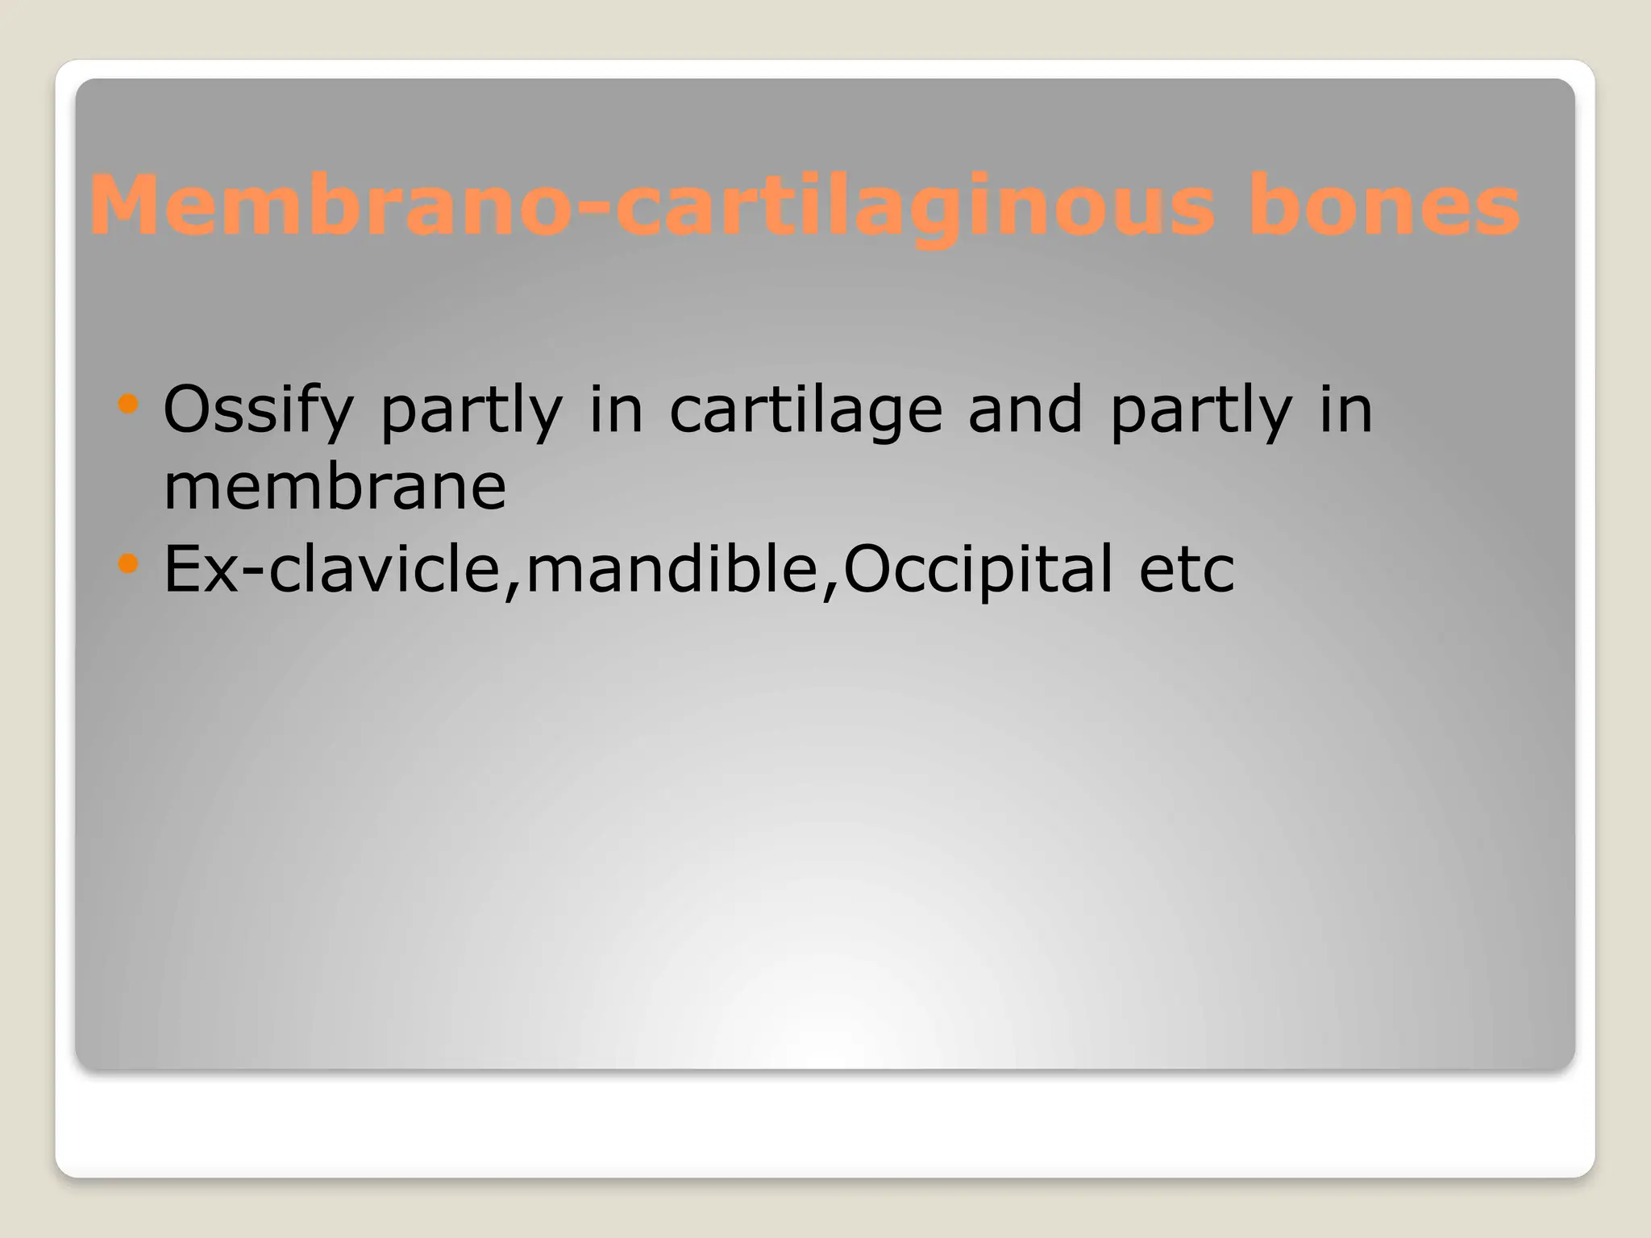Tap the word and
point(1025,409)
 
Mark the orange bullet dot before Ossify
point(128,403)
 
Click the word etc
point(1186,569)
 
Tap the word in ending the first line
point(1345,409)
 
